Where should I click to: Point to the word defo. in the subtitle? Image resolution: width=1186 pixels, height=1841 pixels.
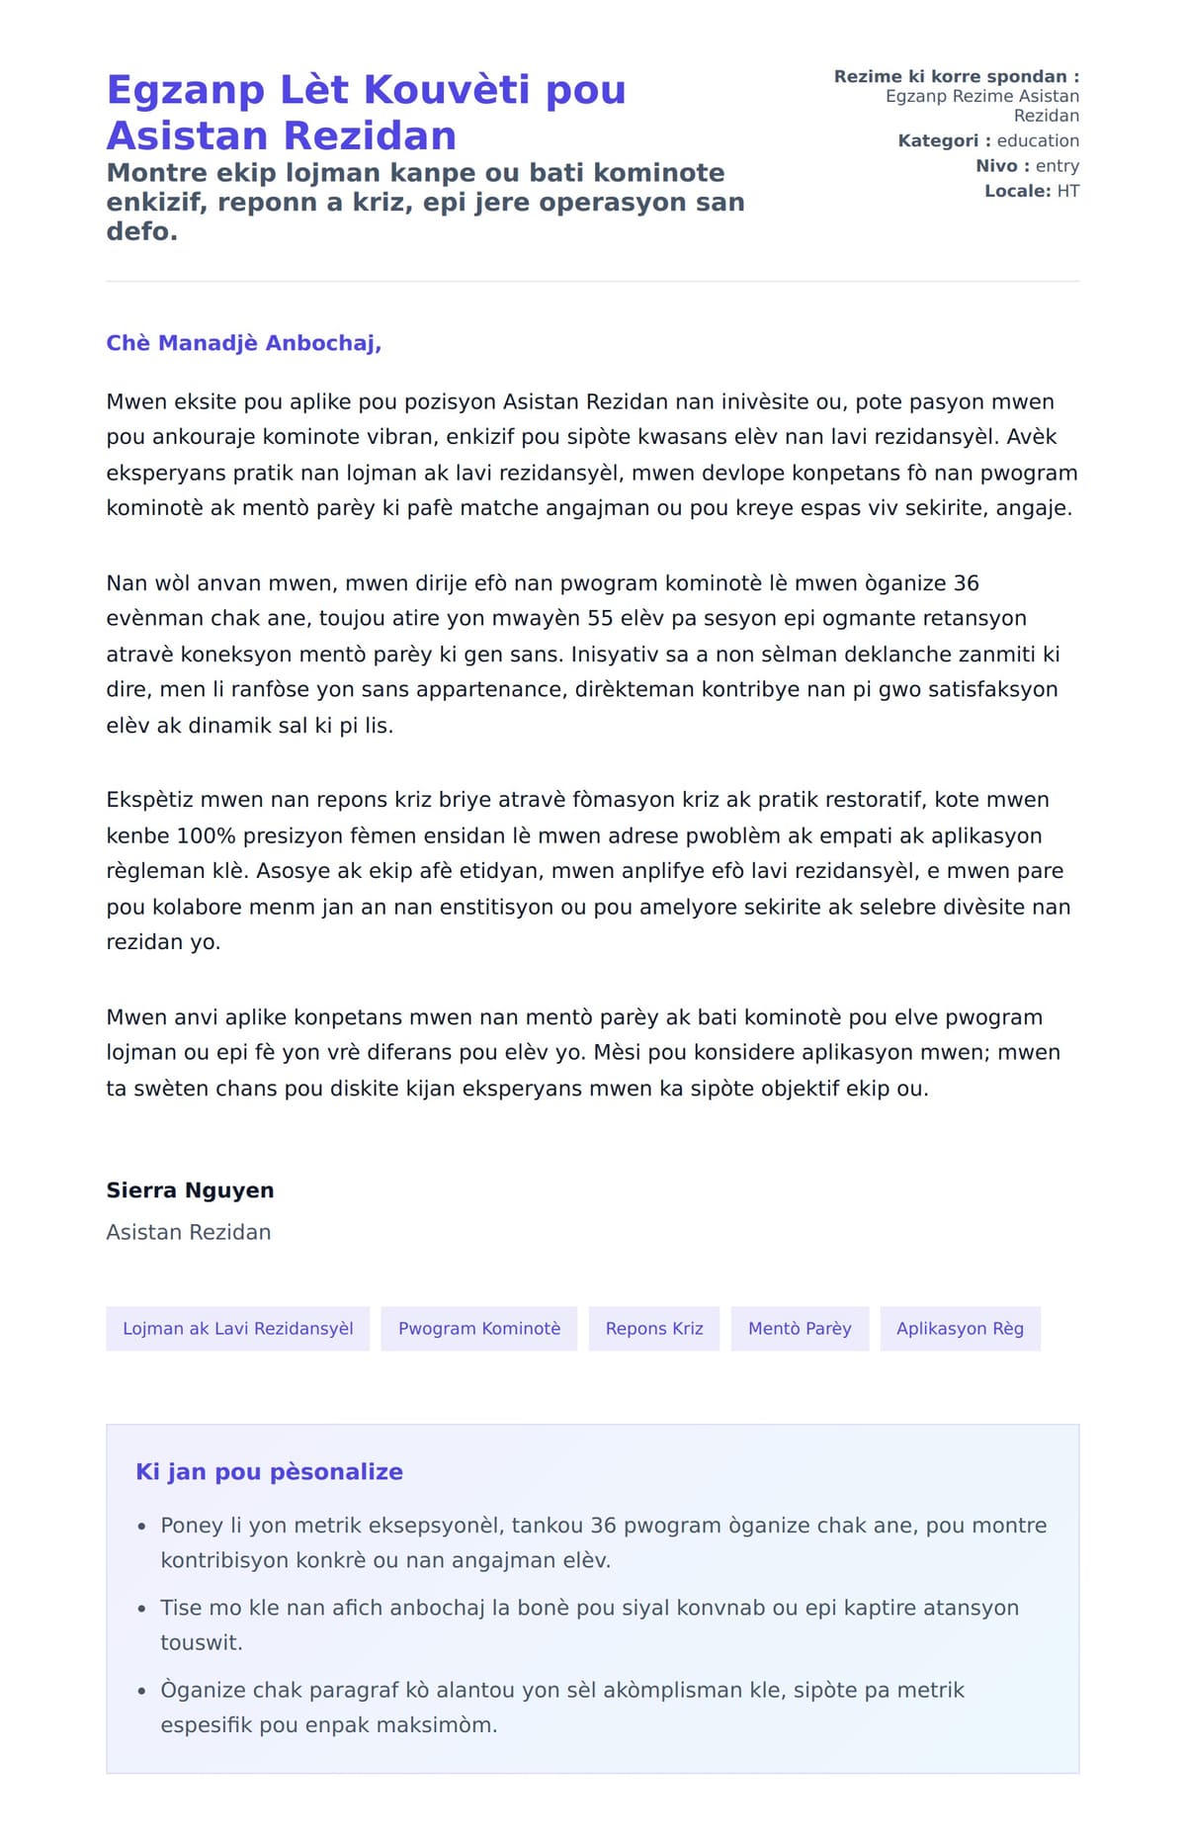click(x=141, y=232)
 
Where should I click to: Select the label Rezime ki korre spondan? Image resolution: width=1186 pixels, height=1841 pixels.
click(x=956, y=76)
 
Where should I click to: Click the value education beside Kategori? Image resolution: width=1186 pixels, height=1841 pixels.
click(x=1037, y=140)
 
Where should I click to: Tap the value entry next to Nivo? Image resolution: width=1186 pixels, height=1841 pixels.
click(x=1057, y=166)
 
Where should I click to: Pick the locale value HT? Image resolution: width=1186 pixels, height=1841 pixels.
click(x=1067, y=191)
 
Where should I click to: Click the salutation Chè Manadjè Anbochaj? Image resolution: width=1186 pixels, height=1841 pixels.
click(x=243, y=343)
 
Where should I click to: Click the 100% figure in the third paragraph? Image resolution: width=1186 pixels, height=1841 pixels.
click(x=206, y=835)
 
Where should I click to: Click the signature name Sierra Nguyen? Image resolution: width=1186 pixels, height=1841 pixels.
click(x=190, y=1190)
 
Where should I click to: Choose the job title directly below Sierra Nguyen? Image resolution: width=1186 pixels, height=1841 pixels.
click(x=188, y=1232)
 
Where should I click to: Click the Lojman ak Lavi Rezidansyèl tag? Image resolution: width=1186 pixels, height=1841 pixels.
click(x=237, y=1329)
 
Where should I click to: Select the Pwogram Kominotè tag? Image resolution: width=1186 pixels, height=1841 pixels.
click(x=478, y=1329)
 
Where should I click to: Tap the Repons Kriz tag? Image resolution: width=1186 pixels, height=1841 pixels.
click(x=654, y=1329)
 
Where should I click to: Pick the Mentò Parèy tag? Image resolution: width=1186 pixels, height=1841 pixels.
click(x=800, y=1329)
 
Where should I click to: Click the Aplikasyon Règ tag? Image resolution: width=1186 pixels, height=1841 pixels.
click(x=960, y=1329)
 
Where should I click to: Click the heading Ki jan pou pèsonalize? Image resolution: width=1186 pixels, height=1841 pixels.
click(x=269, y=1472)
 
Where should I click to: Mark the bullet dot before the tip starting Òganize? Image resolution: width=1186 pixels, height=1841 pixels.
click(x=142, y=1692)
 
